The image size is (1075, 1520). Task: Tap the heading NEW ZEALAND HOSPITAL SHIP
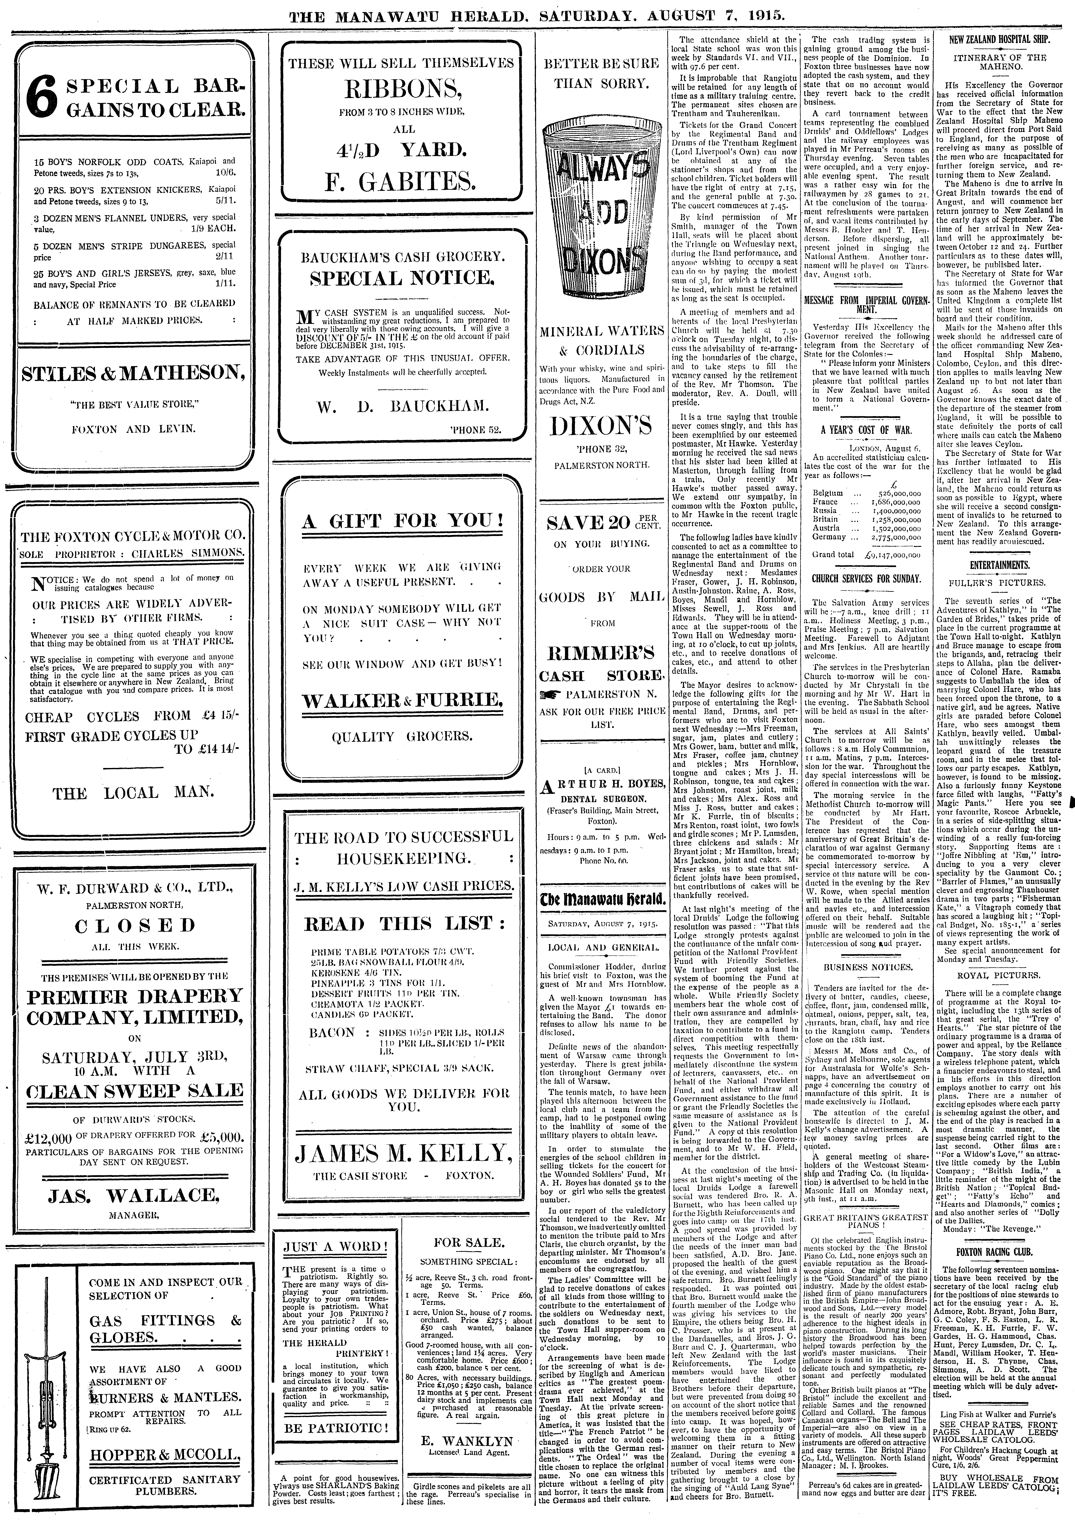[1000, 40]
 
